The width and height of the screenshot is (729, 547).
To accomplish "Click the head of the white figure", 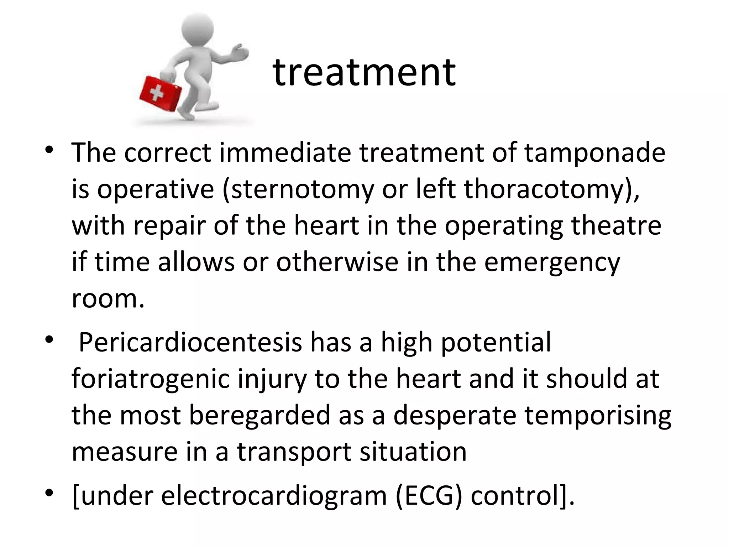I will pyautogui.click(x=198, y=28).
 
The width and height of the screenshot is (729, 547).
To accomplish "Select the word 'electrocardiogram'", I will pyautogui.click(x=273, y=496).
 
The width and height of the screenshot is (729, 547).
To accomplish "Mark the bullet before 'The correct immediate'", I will pyautogui.click(x=49, y=149).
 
